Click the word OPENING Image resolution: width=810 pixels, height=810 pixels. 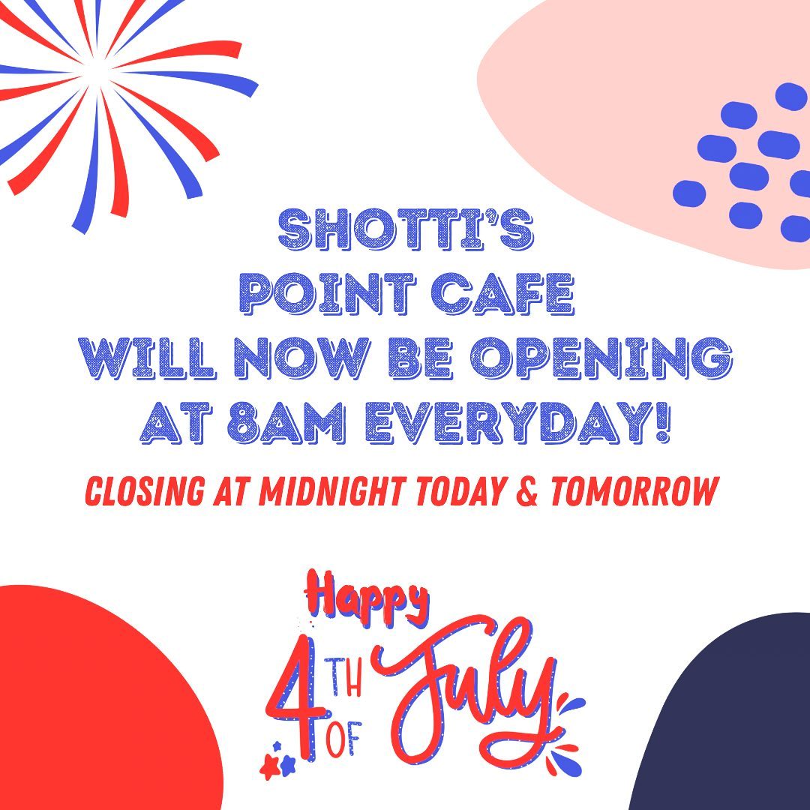tap(600, 358)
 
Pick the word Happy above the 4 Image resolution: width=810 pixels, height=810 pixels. tap(366, 599)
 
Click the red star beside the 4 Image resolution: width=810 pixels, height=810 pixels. tap(270, 766)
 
